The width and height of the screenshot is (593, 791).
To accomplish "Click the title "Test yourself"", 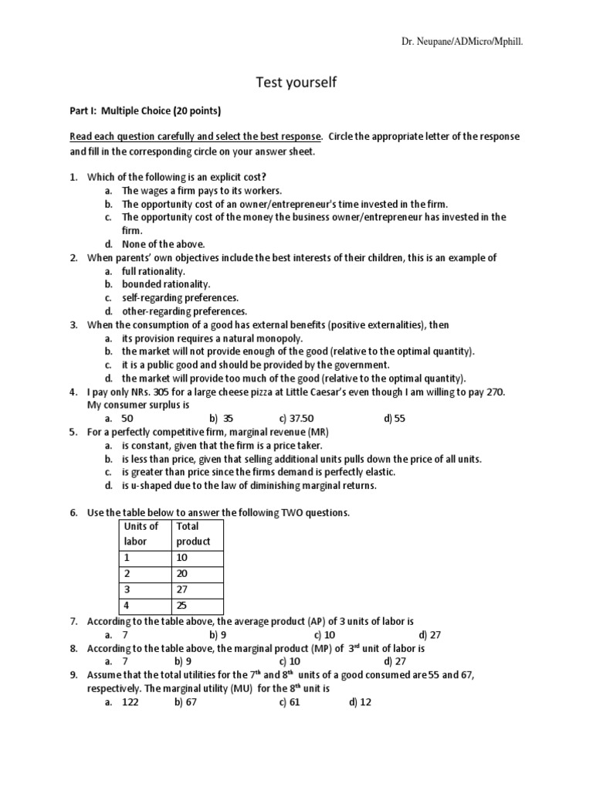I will [296, 82].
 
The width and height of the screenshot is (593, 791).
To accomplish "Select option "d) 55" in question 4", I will [394, 418].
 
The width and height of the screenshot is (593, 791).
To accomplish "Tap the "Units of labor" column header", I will [142, 534].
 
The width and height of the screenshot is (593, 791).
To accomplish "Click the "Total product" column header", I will [194, 534].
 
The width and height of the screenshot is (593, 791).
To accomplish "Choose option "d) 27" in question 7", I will [394, 634].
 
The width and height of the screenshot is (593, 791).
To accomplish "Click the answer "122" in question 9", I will [130, 702].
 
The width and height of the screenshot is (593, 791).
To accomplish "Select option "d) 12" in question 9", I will [360, 702].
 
